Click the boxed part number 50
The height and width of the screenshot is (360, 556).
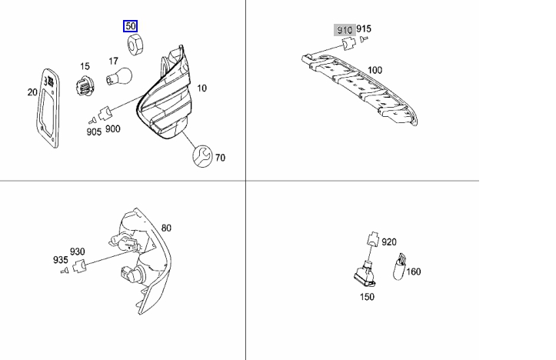pos(131,27)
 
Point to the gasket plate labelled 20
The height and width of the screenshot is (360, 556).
pos(48,108)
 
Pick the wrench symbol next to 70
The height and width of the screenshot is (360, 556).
pos(202,156)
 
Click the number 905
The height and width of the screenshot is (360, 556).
pos(94,132)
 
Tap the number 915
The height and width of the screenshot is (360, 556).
pos(364,29)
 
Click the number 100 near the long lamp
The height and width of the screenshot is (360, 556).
pos(375,70)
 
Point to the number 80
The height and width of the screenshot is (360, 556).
pos(167,228)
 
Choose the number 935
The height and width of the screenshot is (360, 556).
pos(60,259)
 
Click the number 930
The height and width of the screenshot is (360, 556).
pos(78,252)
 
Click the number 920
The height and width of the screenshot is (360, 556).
pos(389,242)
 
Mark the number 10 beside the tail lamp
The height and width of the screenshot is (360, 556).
pos(201,88)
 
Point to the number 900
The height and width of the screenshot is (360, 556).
pos(113,128)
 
